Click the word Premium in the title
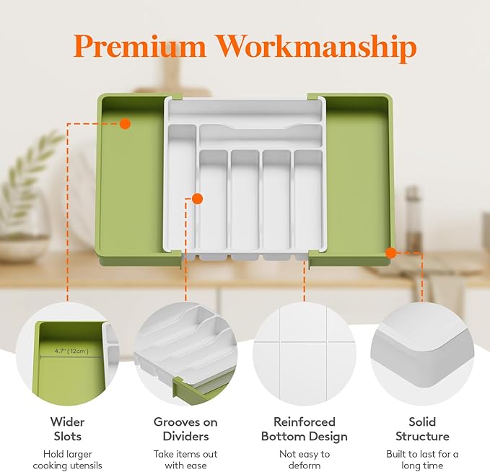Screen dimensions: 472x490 pyautogui.click(x=141, y=48)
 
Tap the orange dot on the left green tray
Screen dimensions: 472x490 pyautogui.click(x=125, y=123)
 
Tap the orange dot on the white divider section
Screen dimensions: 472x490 pyautogui.click(x=197, y=198)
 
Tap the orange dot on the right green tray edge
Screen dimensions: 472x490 pyautogui.click(x=390, y=253)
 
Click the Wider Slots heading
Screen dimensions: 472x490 pyautogui.click(x=67, y=429)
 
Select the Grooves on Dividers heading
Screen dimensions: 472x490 pyautogui.click(x=185, y=429)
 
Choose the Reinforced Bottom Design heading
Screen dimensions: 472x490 pyautogui.click(x=304, y=429)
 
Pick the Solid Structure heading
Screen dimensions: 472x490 pyautogui.click(x=422, y=429)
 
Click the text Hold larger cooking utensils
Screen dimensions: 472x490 pyautogui.click(x=67, y=460)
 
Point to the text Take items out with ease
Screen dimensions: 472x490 pyautogui.click(x=185, y=460)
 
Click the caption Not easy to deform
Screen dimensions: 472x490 pyautogui.click(x=304, y=460)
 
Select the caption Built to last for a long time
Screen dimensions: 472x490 pyautogui.click(x=422, y=460)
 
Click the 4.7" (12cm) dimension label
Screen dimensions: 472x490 pyautogui.click(x=70, y=351)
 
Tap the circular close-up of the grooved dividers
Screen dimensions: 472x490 pyautogui.click(x=185, y=354)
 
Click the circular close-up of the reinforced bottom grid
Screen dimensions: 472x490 pyautogui.click(x=304, y=354)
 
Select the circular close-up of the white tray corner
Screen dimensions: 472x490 pyautogui.click(x=422, y=354)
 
